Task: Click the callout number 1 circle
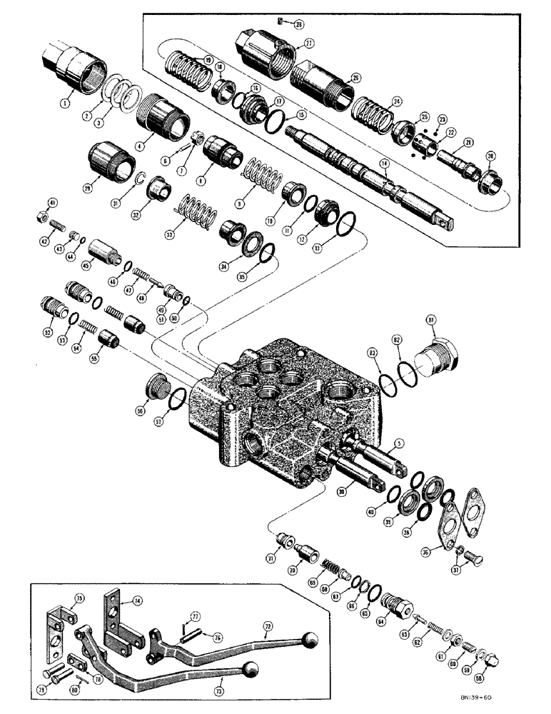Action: tap(65, 102)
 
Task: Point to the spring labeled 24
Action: tap(373, 112)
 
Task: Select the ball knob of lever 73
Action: tap(250, 670)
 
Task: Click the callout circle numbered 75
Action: tap(80, 598)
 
